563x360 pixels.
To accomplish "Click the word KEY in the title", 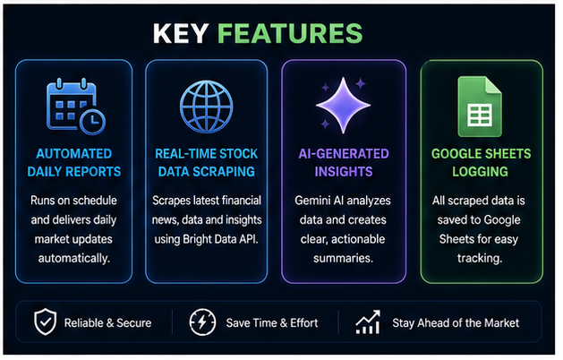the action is [x=181, y=33].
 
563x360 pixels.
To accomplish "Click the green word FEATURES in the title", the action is [x=290, y=33].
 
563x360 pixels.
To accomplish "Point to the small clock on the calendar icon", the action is [x=92, y=121].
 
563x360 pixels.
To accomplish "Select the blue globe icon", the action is [x=207, y=107].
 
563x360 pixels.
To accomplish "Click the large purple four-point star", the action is [x=343, y=106].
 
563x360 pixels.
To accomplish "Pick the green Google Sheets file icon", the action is [x=480, y=107].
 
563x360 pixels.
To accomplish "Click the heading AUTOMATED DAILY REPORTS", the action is [x=74, y=163].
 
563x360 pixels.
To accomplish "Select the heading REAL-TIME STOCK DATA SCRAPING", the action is [x=207, y=163].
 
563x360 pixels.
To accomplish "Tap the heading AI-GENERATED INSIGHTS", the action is [x=344, y=163].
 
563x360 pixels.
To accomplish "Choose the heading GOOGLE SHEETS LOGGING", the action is [x=481, y=163].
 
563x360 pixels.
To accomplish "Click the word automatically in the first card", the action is [x=74, y=258].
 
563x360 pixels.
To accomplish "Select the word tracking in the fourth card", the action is [x=480, y=258].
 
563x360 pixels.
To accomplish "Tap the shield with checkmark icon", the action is [x=46, y=321].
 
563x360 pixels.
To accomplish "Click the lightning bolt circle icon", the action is [x=202, y=322].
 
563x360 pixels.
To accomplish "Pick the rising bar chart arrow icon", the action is [x=368, y=321].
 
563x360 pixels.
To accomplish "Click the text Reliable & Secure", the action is [x=107, y=323].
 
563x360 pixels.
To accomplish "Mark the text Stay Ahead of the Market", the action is [x=456, y=323].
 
